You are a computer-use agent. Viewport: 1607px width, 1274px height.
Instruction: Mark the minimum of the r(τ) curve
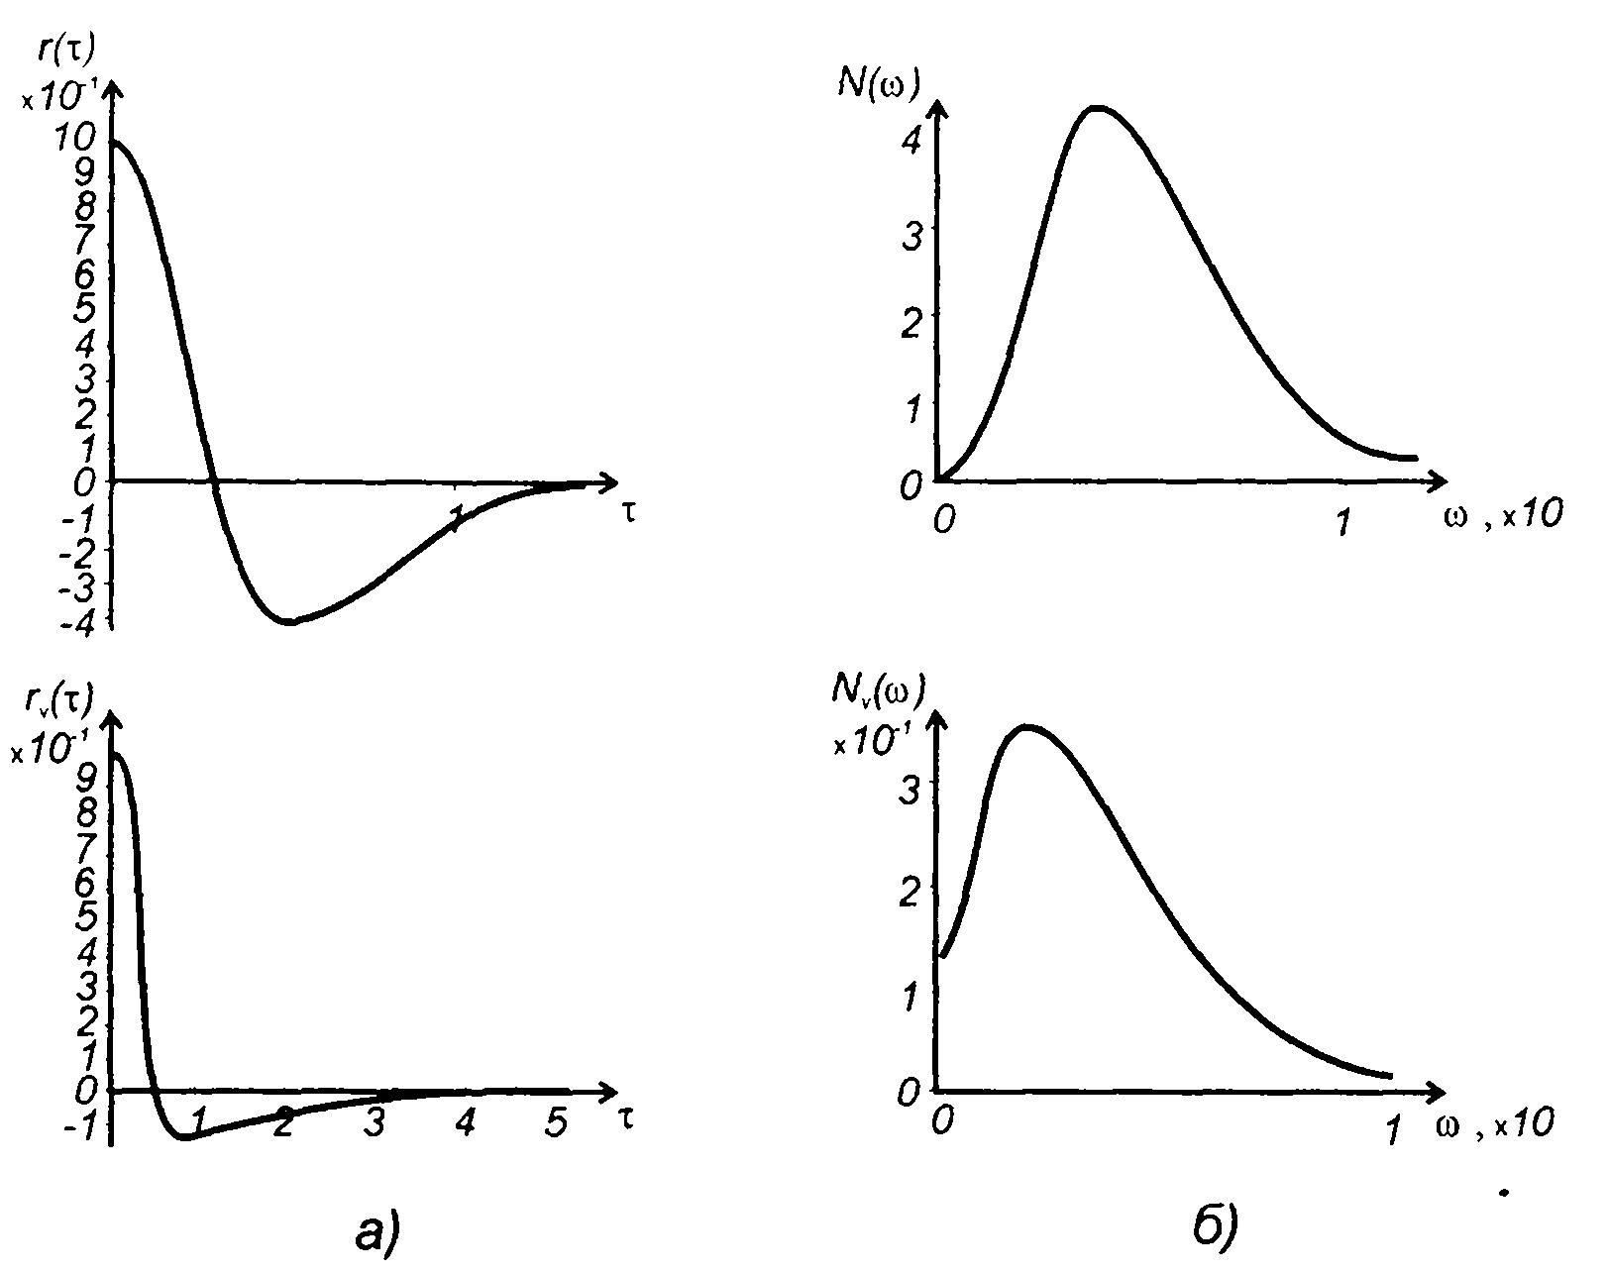(x=289, y=622)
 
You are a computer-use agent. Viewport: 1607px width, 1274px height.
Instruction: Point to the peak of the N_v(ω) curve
(x=1027, y=726)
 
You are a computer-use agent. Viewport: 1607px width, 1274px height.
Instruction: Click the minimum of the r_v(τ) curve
(x=183, y=1137)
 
